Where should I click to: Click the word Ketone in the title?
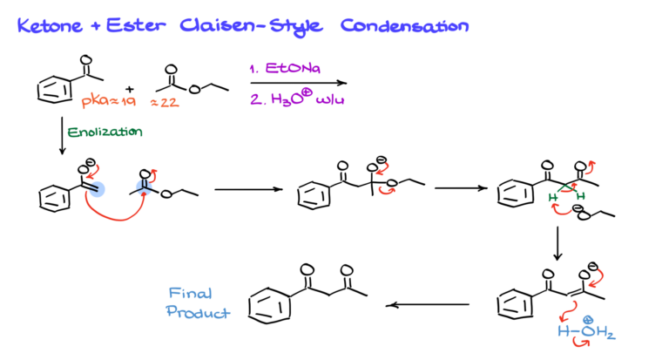pos(43,27)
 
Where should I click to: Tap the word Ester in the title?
pos(134,27)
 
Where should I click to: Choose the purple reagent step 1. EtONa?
pos(285,69)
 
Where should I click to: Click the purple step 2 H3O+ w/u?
pos(296,98)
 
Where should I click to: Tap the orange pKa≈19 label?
pos(109,102)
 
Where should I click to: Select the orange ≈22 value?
pos(165,103)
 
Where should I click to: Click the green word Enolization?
pos(105,132)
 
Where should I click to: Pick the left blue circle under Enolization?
pos(98,188)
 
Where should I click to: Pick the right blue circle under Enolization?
pos(144,187)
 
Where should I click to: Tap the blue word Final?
pos(190,294)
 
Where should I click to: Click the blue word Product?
pos(198,312)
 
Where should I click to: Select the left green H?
pos(552,198)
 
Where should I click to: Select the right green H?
pos(580,195)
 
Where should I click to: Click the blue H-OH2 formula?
pos(586,332)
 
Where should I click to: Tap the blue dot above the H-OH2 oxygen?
pos(588,320)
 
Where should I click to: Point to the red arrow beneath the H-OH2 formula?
pos(581,344)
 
